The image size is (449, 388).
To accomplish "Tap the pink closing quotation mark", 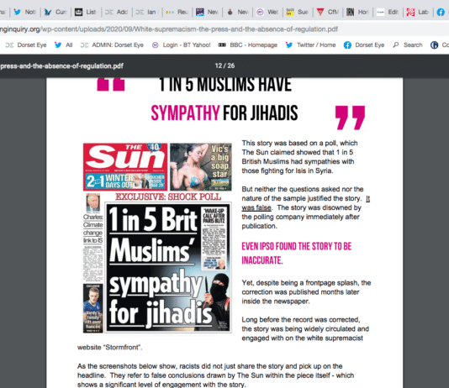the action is coord(351,119).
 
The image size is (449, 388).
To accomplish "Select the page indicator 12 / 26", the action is coord(225,65).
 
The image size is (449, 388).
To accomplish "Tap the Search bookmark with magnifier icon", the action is coord(408,45).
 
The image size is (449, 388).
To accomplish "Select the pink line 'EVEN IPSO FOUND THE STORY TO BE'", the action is coord(295,247).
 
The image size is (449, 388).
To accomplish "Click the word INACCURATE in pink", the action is coord(267,260).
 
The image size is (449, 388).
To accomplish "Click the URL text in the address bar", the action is coord(114,27).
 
